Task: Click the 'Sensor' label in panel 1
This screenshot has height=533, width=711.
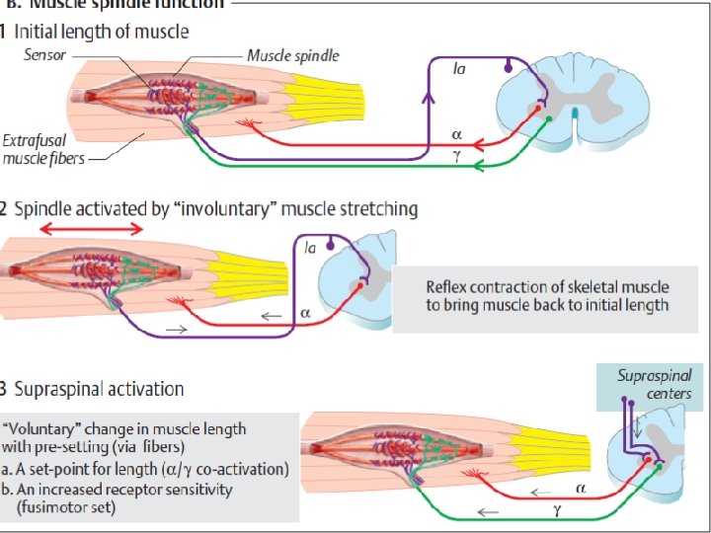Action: pyautogui.click(x=45, y=55)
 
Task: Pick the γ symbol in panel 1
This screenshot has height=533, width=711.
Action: pyautogui.click(x=456, y=155)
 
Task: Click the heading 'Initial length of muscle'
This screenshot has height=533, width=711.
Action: pyautogui.click(x=104, y=31)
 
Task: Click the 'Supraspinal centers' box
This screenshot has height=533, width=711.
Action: pyautogui.click(x=653, y=385)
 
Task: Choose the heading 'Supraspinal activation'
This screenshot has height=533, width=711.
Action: pyautogui.click(x=99, y=388)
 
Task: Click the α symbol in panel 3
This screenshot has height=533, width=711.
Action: pyautogui.click(x=581, y=487)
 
